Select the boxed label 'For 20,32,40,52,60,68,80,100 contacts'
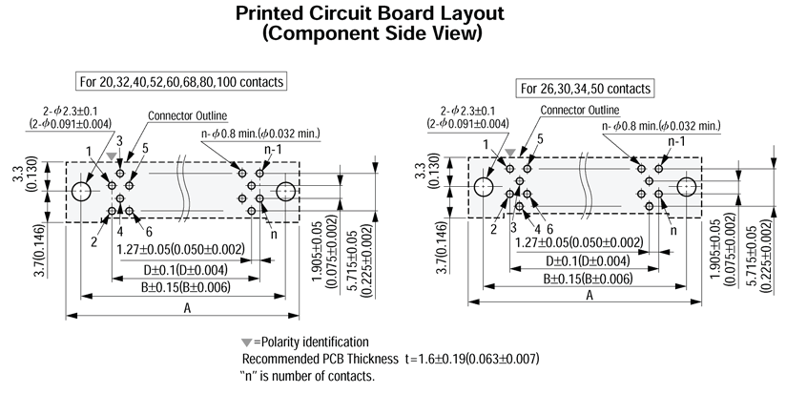[182, 82]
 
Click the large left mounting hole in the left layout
[81, 192]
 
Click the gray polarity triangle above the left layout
[113, 156]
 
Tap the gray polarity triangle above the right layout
[511, 151]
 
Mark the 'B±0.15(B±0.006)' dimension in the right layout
[586, 279]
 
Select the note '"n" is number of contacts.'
[308, 376]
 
